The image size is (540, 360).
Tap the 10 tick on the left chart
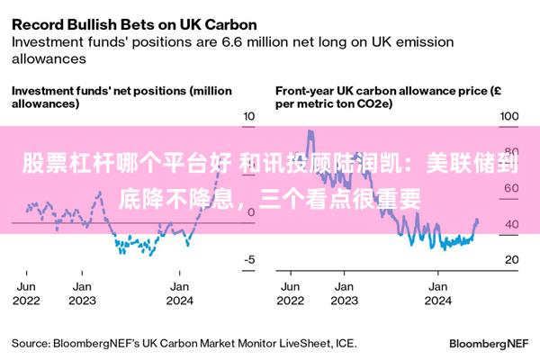click(250, 117)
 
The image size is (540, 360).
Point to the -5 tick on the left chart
click(248, 259)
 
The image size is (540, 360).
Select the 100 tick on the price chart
click(509, 117)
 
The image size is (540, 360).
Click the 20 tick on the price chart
click(510, 259)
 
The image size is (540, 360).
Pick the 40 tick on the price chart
click(510, 224)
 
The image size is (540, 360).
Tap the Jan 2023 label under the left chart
click(82, 293)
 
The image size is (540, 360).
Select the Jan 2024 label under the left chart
click(180, 293)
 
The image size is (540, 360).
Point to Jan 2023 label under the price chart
click(343, 293)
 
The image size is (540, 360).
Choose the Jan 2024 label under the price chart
click(438, 293)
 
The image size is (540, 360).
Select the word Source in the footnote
click(30, 343)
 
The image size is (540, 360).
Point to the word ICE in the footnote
click(344, 343)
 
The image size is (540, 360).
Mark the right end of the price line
click(477, 220)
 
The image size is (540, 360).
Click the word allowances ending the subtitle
click(49, 58)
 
